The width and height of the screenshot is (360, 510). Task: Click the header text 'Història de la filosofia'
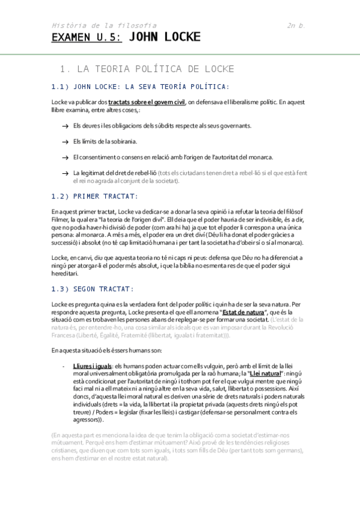coord(104,25)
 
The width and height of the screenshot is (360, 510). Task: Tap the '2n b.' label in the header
coord(296,25)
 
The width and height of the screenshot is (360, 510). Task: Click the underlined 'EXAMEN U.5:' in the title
coord(87,37)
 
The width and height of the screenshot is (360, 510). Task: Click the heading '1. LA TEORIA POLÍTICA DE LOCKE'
coord(148,69)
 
